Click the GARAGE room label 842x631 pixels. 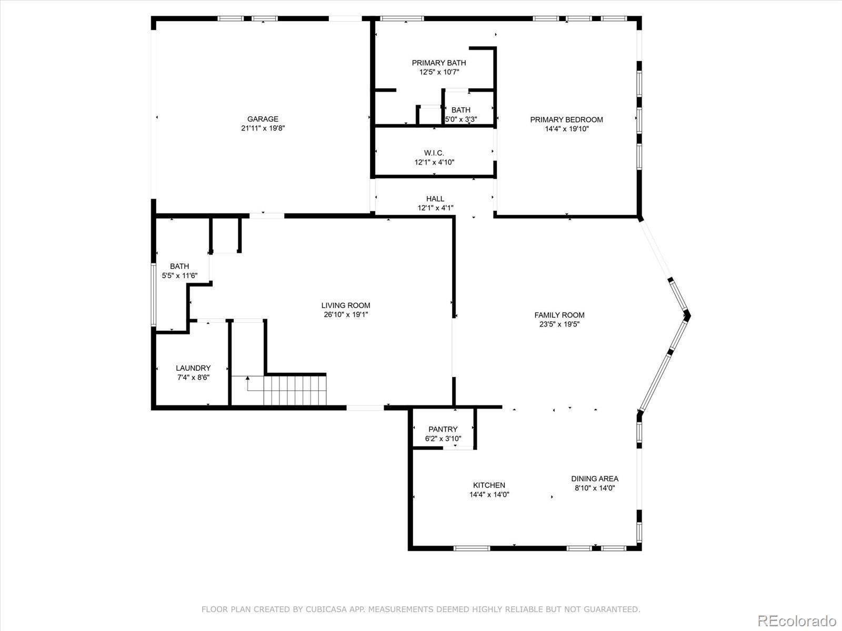pyautogui.click(x=263, y=119)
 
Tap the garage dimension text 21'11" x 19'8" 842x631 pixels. pyautogui.click(x=263, y=128)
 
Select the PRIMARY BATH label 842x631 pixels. pyautogui.click(x=439, y=63)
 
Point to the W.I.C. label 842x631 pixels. pyautogui.click(x=434, y=153)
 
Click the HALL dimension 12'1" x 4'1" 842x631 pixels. pyautogui.click(x=435, y=208)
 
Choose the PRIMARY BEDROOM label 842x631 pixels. pyautogui.click(x=567, y=119)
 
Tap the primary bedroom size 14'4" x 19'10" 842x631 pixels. pyautogui.click(x=567, y=129)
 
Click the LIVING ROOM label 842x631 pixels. pyautogui.click(x=346, y=306)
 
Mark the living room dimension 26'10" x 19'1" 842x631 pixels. pyautogui.click(x=346, y=315)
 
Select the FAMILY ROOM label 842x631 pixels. pyautogui.click(x=559, y=315)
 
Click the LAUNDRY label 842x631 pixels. pyautogui.click(x=193, y=368)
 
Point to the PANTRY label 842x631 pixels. pyautogui.click(x=443, y=429)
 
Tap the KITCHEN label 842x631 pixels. pyautogui.click(x=489, y=485)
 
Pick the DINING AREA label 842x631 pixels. pyautogui.click(x=595, y=479)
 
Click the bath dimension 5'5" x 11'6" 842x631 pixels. pyautogui.click(x=179, y=276)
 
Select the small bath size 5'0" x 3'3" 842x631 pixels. pyautogui.click(x=460, y=119)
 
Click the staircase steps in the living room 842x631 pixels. pyautogui.click(x=295, y=390)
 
